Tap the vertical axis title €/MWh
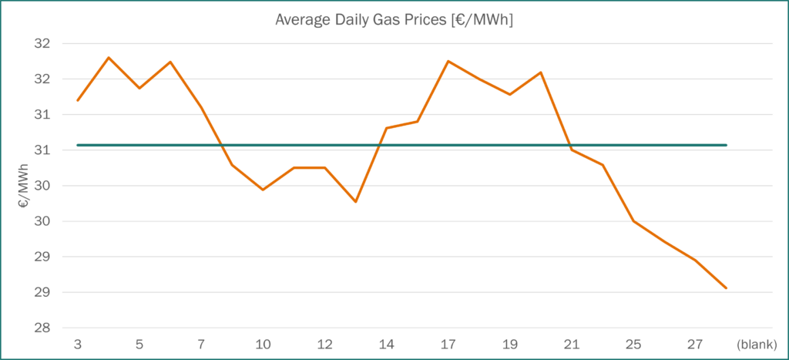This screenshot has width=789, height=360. [25, 187]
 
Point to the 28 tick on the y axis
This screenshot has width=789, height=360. [42, 328]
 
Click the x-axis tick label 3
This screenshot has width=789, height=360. [78, 344]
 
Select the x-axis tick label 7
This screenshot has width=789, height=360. [201, 344]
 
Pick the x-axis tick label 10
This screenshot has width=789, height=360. [263, 344]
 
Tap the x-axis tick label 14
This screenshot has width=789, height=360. [386, 344]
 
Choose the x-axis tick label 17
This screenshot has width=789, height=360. [448, 344]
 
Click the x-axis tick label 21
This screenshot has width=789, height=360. [572, 344]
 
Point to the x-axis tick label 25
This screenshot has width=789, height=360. [633, 344]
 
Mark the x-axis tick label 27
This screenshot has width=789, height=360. [695, 344]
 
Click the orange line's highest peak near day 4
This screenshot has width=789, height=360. [109, 57]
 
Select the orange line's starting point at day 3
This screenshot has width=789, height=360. [78, 100]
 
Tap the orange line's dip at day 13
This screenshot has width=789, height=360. [355, 202]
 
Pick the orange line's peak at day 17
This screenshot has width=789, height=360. [448, 61]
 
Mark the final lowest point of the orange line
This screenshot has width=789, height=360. [726, 288]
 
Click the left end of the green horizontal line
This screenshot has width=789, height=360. [78, 145]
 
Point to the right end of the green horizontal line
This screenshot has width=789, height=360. [726, 145]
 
